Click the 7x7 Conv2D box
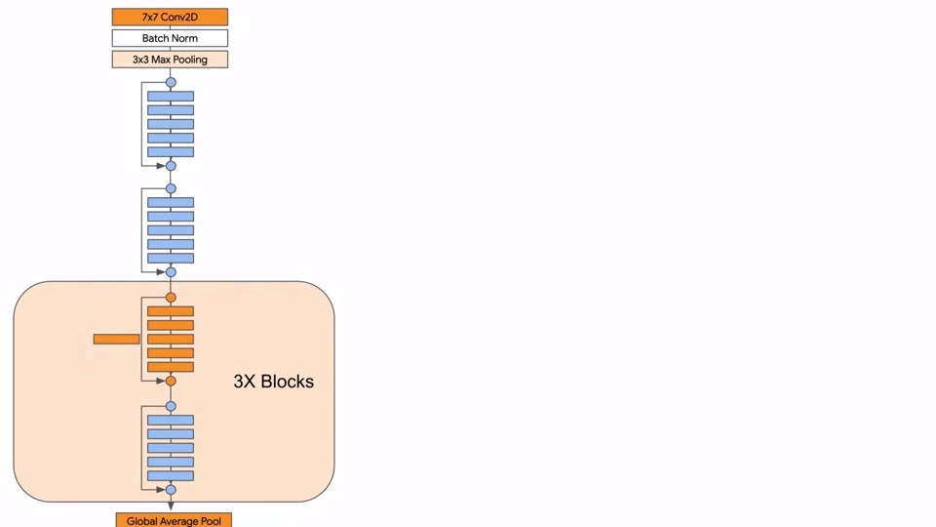[170, 17]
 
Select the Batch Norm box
[170, 38]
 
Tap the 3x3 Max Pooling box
[170, 60]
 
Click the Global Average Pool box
[174, 520]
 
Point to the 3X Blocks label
[274, 382]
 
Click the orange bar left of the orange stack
[116, 339]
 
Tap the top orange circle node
[171, 297]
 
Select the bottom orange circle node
[171, 381]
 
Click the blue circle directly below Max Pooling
[171, 82]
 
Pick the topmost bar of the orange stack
[171, 311]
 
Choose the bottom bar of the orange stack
[171, 367]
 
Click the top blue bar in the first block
[171, 96]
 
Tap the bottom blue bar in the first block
[171, 151]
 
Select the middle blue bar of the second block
[171, 230]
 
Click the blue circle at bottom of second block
[171, 272]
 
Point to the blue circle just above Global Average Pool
[171, 490]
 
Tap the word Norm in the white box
[184, 38]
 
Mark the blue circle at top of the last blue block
[171, 406]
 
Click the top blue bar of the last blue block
[171, 420]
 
